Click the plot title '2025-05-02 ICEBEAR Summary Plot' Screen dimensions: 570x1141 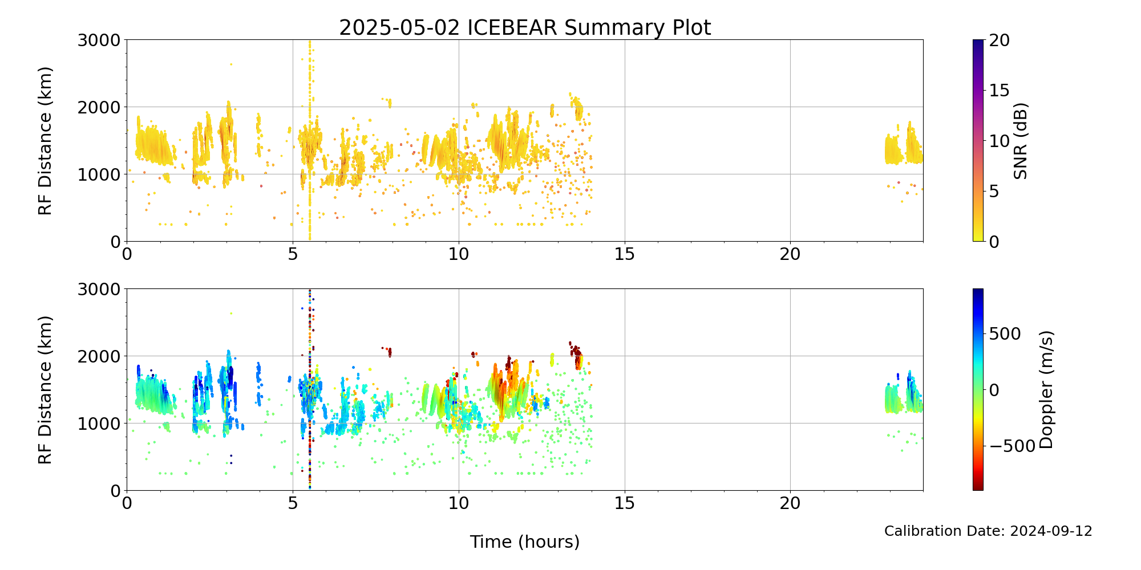[525, 27]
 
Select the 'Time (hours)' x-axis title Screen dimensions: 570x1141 [525, 541]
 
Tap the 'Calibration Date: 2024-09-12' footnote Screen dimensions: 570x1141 [988, 531]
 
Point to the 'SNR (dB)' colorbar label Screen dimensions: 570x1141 [1021, 141]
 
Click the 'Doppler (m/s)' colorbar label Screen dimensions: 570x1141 [1046, 389]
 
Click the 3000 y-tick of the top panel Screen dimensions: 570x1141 [99, 40]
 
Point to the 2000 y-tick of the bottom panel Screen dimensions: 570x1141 [99, 356]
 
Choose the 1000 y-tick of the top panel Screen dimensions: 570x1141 [99, 174]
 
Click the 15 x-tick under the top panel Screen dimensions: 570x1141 [625, 254]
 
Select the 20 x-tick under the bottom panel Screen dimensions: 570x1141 [790, 503]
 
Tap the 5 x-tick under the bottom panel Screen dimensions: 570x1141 [293, 503]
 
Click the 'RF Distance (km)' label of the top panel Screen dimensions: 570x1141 [45, 141]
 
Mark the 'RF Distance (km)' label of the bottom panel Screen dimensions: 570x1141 [45, 390]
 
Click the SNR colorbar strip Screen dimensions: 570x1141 [978, 141]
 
